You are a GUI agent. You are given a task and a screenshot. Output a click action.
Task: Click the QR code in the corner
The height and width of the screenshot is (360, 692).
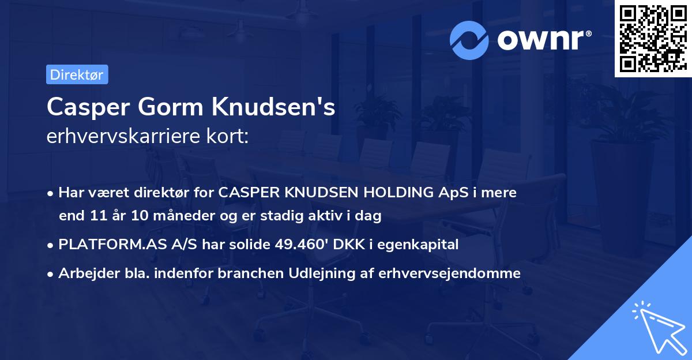[x=652, y=38]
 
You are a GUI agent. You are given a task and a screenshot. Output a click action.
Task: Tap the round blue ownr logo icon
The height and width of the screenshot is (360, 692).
[x=469, y=39]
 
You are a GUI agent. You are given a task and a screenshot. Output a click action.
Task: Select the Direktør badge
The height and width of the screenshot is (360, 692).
[x=77, y=74]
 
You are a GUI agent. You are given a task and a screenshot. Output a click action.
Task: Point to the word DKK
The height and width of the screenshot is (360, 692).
[x=349, y=245]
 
